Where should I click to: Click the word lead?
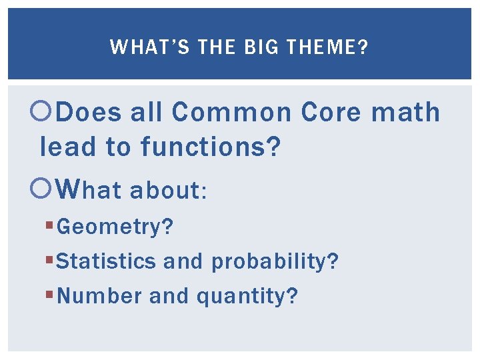[69, 147]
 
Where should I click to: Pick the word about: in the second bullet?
[169, 191]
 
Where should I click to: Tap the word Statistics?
[107, 261]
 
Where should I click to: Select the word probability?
[275, 261]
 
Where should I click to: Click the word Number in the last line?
[100, 295]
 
